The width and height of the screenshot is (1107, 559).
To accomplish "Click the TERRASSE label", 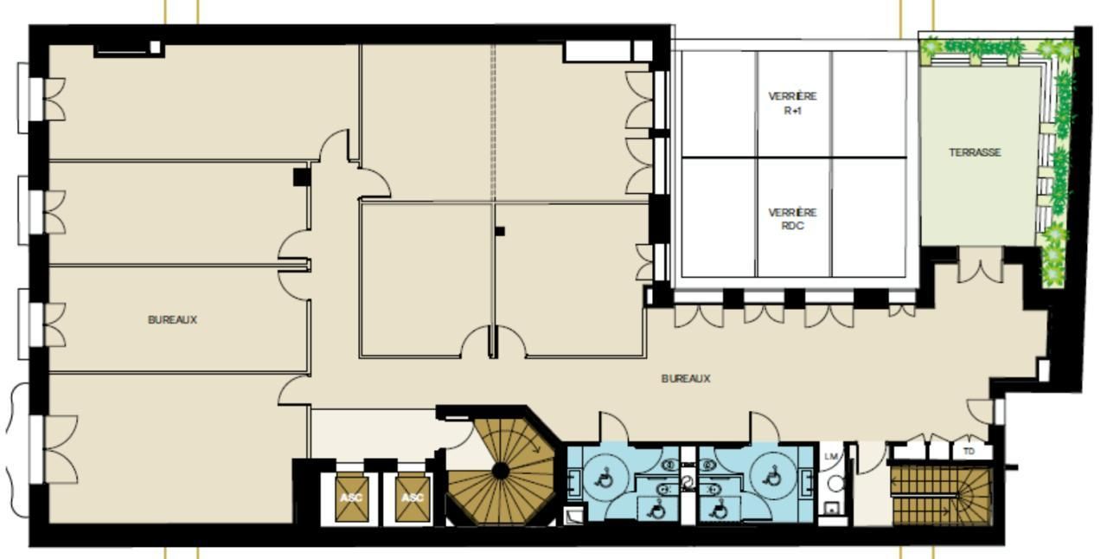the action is [975, 152].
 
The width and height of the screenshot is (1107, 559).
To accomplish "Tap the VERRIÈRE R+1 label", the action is [792, 103].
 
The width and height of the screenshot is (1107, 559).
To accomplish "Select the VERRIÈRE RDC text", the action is [792, 219].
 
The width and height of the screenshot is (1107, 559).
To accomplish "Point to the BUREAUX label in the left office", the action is [172, 319].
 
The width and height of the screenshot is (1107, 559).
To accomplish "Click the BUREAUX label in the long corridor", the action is [686, 378].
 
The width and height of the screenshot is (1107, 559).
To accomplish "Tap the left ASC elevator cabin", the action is [351, 498].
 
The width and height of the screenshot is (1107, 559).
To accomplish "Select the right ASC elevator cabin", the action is [413, 498].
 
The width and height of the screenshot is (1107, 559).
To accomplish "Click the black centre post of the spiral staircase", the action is [501, 471].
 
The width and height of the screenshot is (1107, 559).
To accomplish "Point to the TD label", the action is [969, 451].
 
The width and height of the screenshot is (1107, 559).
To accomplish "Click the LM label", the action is [831, 457].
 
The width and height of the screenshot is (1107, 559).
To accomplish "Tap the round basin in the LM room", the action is [835, 483].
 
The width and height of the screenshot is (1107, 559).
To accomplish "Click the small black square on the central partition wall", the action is [500, 231].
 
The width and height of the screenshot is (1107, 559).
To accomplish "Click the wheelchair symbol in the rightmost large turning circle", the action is [771, 477].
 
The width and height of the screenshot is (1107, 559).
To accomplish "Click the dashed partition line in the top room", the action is [492, 122].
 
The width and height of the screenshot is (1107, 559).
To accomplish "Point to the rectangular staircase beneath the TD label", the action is [942, 496].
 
